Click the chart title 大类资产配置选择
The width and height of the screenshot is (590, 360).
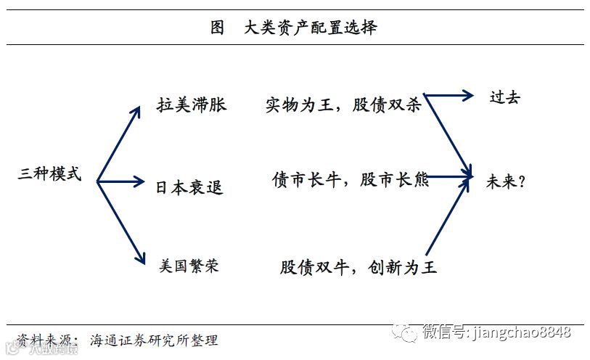click(311, 28)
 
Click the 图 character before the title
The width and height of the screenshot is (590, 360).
click(217, 28)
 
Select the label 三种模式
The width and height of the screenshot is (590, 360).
click(49, 175)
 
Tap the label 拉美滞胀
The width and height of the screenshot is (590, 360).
click(192, 105)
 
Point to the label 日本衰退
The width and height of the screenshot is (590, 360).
click(189, 188)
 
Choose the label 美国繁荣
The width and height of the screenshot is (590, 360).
click(189, 266)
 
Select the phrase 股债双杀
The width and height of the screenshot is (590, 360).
click(388, 105)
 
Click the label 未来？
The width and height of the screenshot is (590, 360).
click(506, 181)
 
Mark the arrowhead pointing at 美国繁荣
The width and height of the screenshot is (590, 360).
click(138, 256)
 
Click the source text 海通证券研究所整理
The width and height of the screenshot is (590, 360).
click(154, 340)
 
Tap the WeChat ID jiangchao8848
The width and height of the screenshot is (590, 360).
click(521, 332)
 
